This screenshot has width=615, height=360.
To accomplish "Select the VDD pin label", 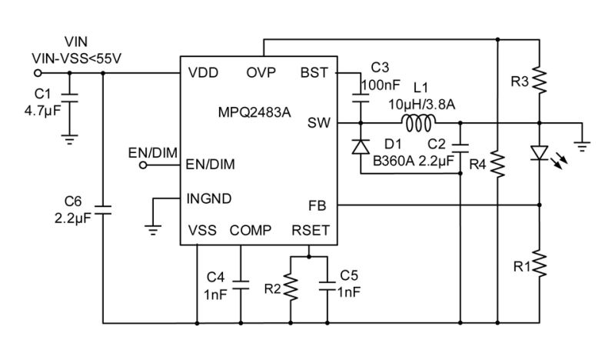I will pos(203,74).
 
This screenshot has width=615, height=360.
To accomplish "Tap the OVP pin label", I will pos(262,74).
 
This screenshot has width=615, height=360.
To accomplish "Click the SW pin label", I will pos(318,122).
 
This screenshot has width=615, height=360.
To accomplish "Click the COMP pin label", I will pos(251,230).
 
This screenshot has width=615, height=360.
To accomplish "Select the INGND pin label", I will pos(209,198).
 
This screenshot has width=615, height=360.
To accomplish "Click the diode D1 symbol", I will pos(359,147).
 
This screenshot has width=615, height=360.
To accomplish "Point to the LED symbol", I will pos(540,154).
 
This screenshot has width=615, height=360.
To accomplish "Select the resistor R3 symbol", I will pos(540,79).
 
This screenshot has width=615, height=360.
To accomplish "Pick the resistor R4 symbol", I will pos(498,163).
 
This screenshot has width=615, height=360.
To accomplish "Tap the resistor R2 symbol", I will pos(291,288).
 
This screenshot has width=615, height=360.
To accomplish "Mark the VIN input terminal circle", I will pos(38,74).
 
